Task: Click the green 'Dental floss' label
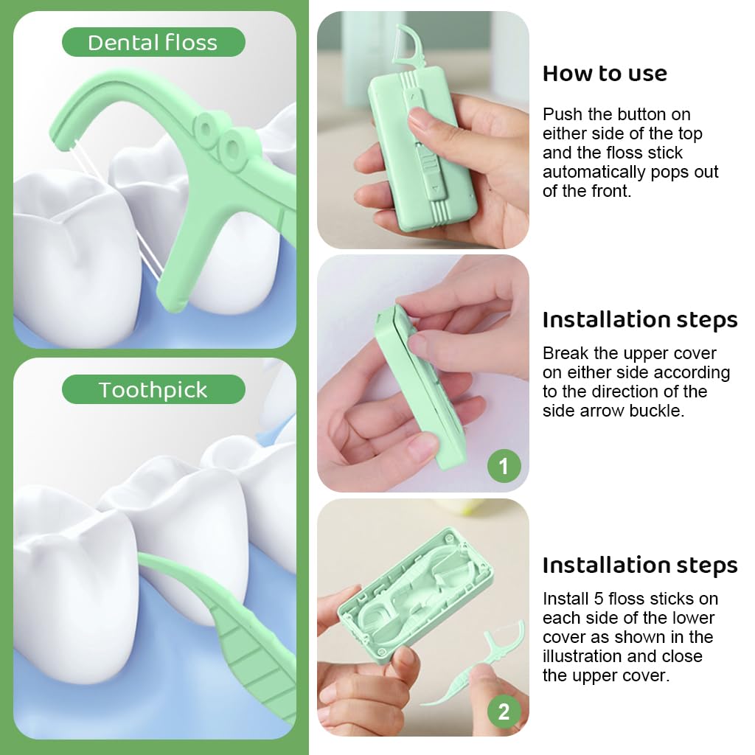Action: (153, 43)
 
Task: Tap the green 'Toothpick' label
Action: (153, 389)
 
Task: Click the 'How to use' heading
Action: (605, 73)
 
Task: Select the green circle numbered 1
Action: (504, 466)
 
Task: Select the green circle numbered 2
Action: (504, 711)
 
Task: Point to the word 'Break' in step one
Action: (565, 353)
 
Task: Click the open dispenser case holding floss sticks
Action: (413, 590)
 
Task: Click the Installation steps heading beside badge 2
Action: (640, 565)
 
